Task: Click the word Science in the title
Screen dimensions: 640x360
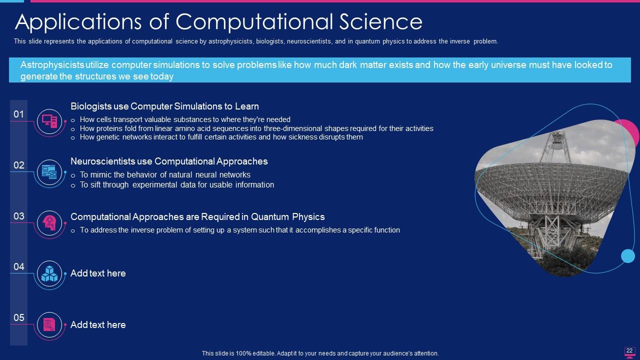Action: [381, 21]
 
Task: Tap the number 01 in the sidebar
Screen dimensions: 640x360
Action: [19, 114]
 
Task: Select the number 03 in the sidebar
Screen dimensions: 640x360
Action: [19, 216]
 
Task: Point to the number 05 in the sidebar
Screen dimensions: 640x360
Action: [19, 317]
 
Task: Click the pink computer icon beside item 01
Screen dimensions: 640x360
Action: [49, 121]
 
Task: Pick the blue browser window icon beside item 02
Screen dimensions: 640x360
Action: [49, 172]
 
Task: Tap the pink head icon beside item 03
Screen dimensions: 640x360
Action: [49, 223]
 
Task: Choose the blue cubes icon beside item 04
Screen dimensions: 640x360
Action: [49, 273]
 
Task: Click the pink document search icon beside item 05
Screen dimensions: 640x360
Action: [49, 324]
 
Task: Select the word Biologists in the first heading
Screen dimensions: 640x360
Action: [91, 106]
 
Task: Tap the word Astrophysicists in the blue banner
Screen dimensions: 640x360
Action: [52, 65]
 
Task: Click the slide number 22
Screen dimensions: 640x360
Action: [629, 350]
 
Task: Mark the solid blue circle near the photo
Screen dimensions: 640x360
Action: [627, 255]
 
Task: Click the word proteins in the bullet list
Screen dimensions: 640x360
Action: [109, 128]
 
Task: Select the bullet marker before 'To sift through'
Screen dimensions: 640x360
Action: [73, 185]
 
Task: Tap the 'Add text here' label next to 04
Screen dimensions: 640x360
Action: [98, 273]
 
